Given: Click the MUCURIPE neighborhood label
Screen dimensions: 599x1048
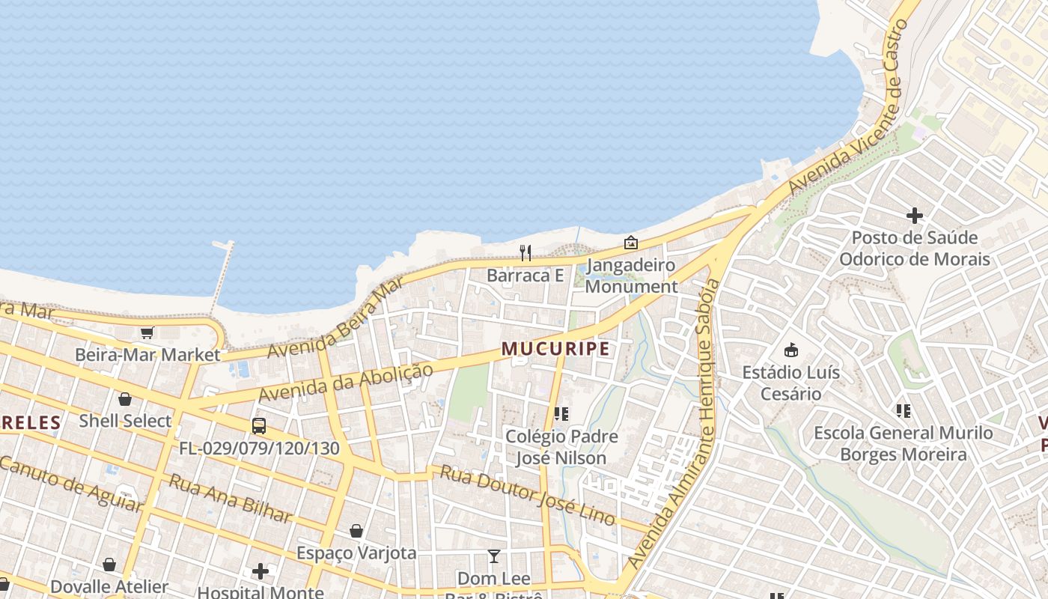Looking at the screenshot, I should click(555, 349).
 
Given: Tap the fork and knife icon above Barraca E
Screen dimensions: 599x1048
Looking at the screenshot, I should click(525, 253).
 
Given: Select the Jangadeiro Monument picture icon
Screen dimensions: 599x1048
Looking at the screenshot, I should click(631, 243).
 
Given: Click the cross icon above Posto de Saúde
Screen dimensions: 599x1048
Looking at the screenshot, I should click(914, 216).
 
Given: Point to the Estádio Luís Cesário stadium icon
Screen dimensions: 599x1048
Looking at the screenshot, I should click(790, 350).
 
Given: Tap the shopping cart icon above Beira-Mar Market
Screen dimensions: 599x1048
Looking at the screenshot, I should click(147, 332).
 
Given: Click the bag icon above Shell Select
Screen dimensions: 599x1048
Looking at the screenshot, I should click(125, 399).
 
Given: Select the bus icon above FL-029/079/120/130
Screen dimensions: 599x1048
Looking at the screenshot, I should click(259, 426).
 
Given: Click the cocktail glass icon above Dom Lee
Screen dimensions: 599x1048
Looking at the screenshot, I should click(494, 556).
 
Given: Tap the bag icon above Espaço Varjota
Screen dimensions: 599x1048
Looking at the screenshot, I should click(356, 531).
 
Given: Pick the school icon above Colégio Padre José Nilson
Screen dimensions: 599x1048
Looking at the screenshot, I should click(561, 413).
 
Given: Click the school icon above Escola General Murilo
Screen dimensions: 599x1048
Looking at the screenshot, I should click(904, 410).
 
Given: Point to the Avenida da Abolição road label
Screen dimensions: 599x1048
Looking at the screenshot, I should click(346, 382).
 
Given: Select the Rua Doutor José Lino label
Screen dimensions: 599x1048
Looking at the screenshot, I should click(527, 495).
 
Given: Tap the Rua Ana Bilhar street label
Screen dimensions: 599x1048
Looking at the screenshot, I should click(231, 498).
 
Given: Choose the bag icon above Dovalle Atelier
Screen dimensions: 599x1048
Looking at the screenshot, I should click(109, 565).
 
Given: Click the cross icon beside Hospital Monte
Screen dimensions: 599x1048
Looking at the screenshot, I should click(260, 571).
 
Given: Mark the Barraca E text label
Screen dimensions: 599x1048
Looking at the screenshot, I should click(525, 276).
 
